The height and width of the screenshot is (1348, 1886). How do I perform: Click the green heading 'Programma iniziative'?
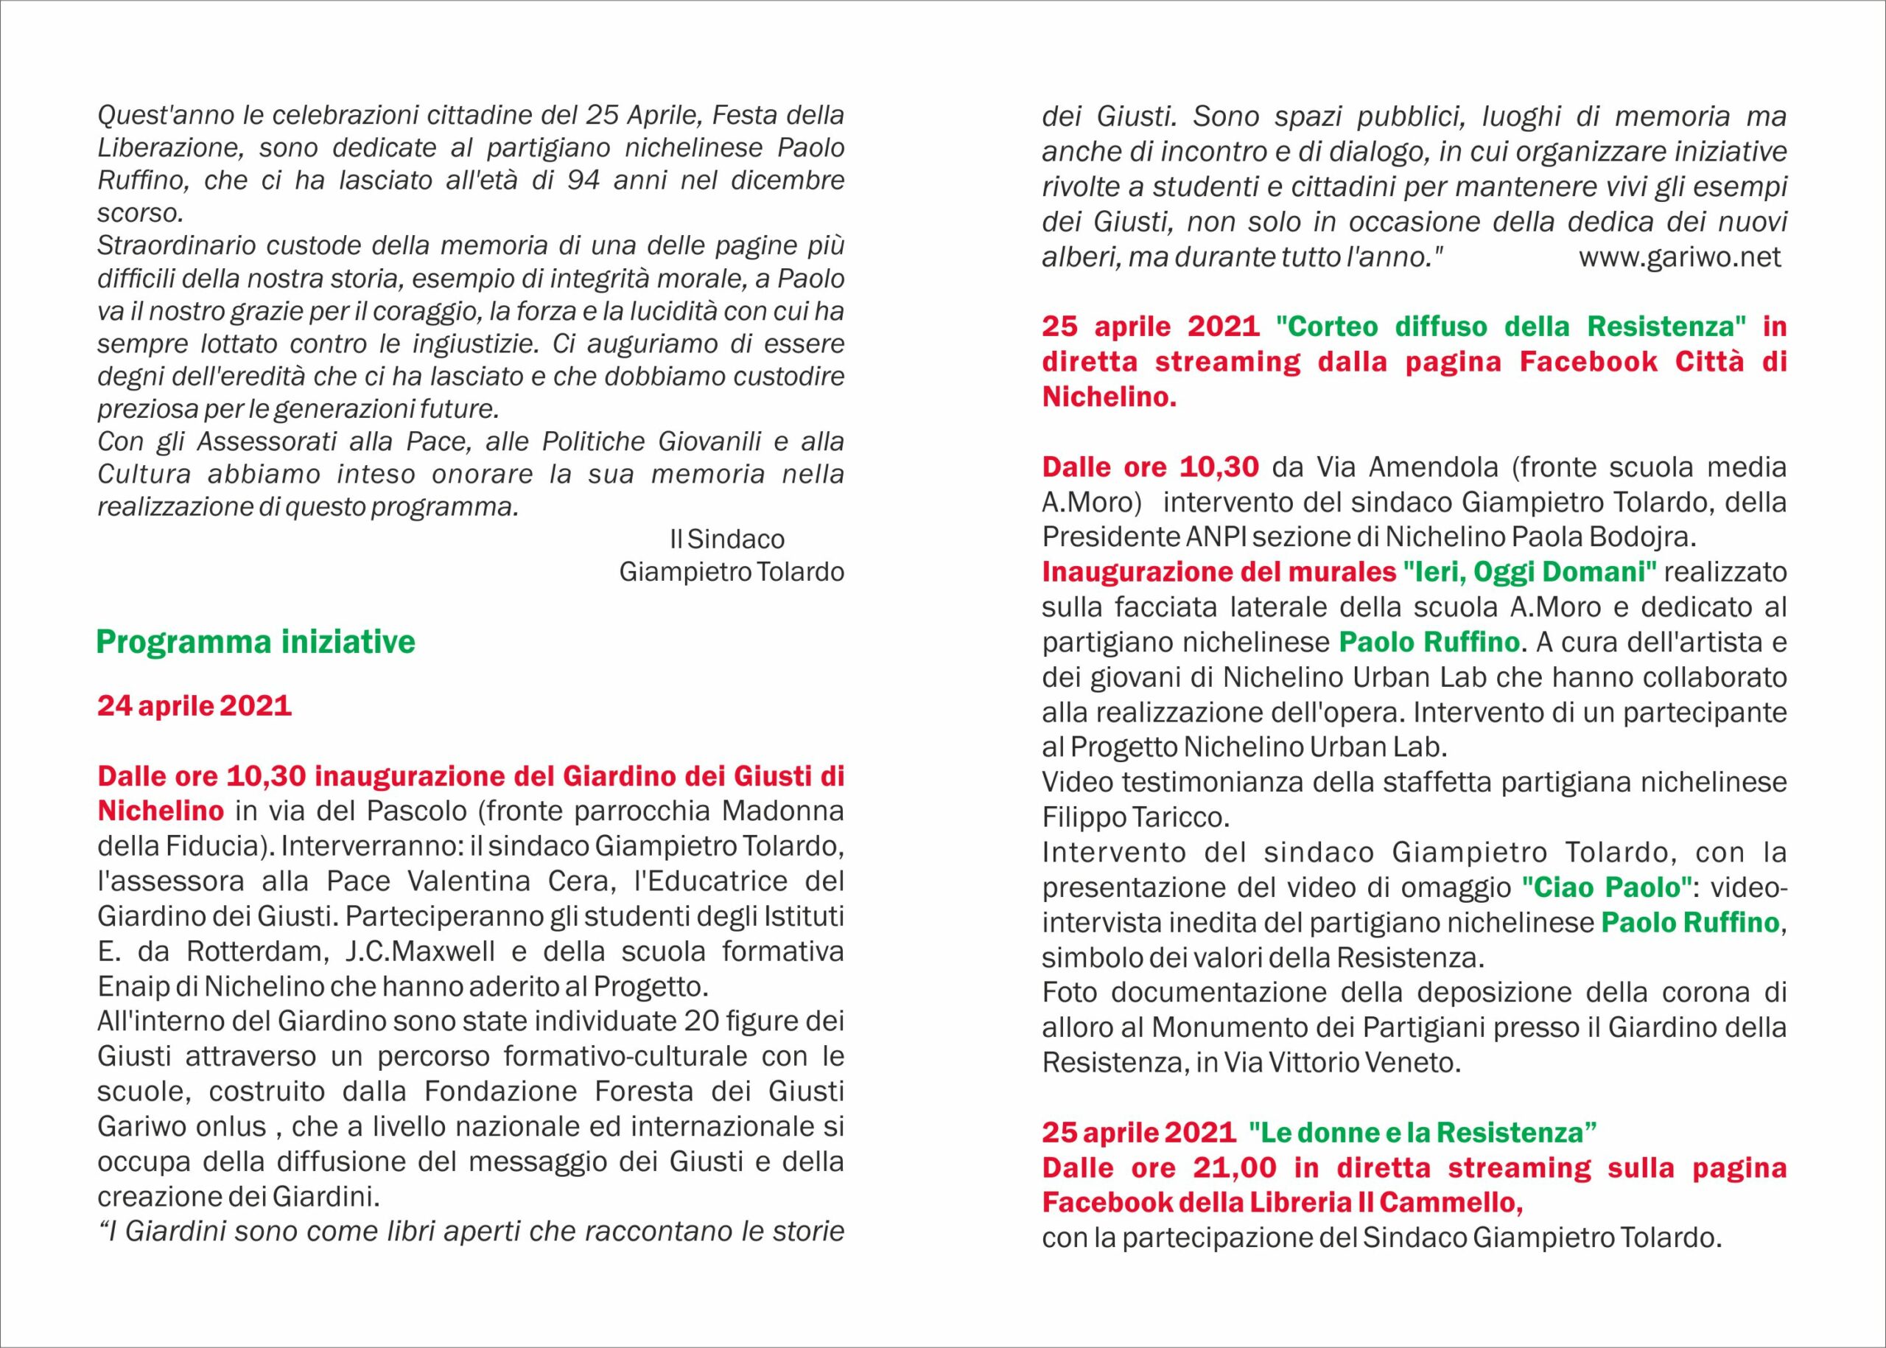click(256, 643)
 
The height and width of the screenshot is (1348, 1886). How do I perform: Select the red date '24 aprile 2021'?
click(194, 706)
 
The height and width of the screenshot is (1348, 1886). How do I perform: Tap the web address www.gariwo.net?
click(1680, 257)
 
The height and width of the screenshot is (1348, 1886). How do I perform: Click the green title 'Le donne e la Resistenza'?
click(1423, 1133)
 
